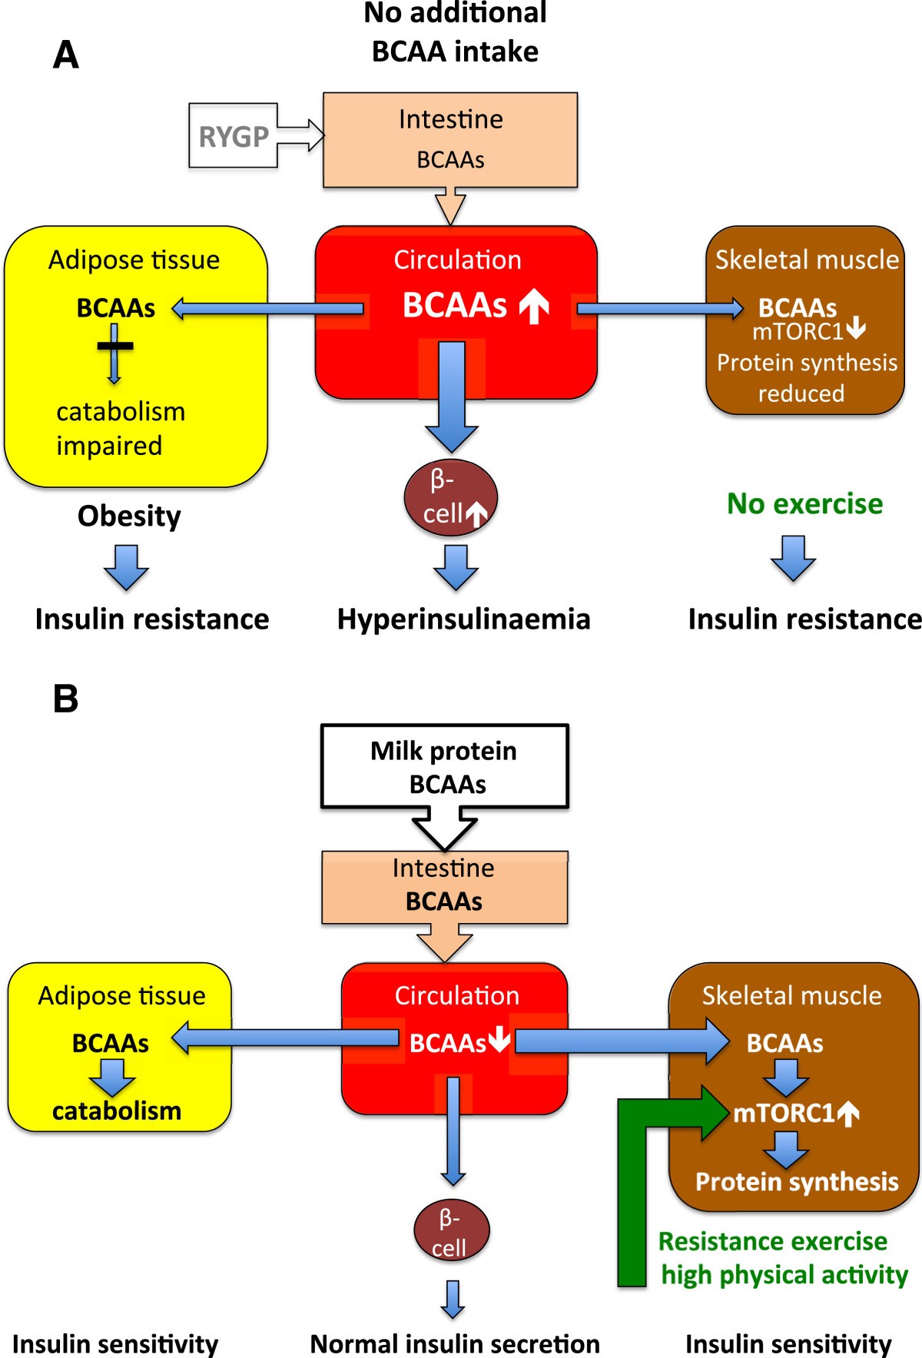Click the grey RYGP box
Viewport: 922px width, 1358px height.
[234, 136]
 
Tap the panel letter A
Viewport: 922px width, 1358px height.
[66, 55]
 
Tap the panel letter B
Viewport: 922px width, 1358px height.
[66, 699]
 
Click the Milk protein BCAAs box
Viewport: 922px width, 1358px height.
[444, 766]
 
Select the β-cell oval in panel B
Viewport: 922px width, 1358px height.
[451, 1230]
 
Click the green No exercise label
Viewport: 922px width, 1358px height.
[804, 504]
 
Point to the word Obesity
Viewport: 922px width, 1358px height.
[129, 516]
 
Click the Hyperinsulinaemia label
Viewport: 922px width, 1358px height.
[463, 619]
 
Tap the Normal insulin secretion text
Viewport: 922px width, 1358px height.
[455, 1343]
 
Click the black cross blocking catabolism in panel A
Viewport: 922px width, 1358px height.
[114, 346]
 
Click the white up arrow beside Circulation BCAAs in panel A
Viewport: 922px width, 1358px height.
[534, 306]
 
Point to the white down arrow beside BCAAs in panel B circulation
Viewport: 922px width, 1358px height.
[499, 1040]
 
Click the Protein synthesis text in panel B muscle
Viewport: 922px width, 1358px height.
[797, 1182]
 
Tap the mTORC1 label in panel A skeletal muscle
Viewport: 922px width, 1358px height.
[798, 331]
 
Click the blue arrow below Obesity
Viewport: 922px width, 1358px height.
[126, 567]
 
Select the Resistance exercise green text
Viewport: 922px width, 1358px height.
[772, 1241]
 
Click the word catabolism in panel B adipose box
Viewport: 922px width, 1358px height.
[117, 1111]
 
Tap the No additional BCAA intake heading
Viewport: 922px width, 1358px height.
[455, 32]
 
